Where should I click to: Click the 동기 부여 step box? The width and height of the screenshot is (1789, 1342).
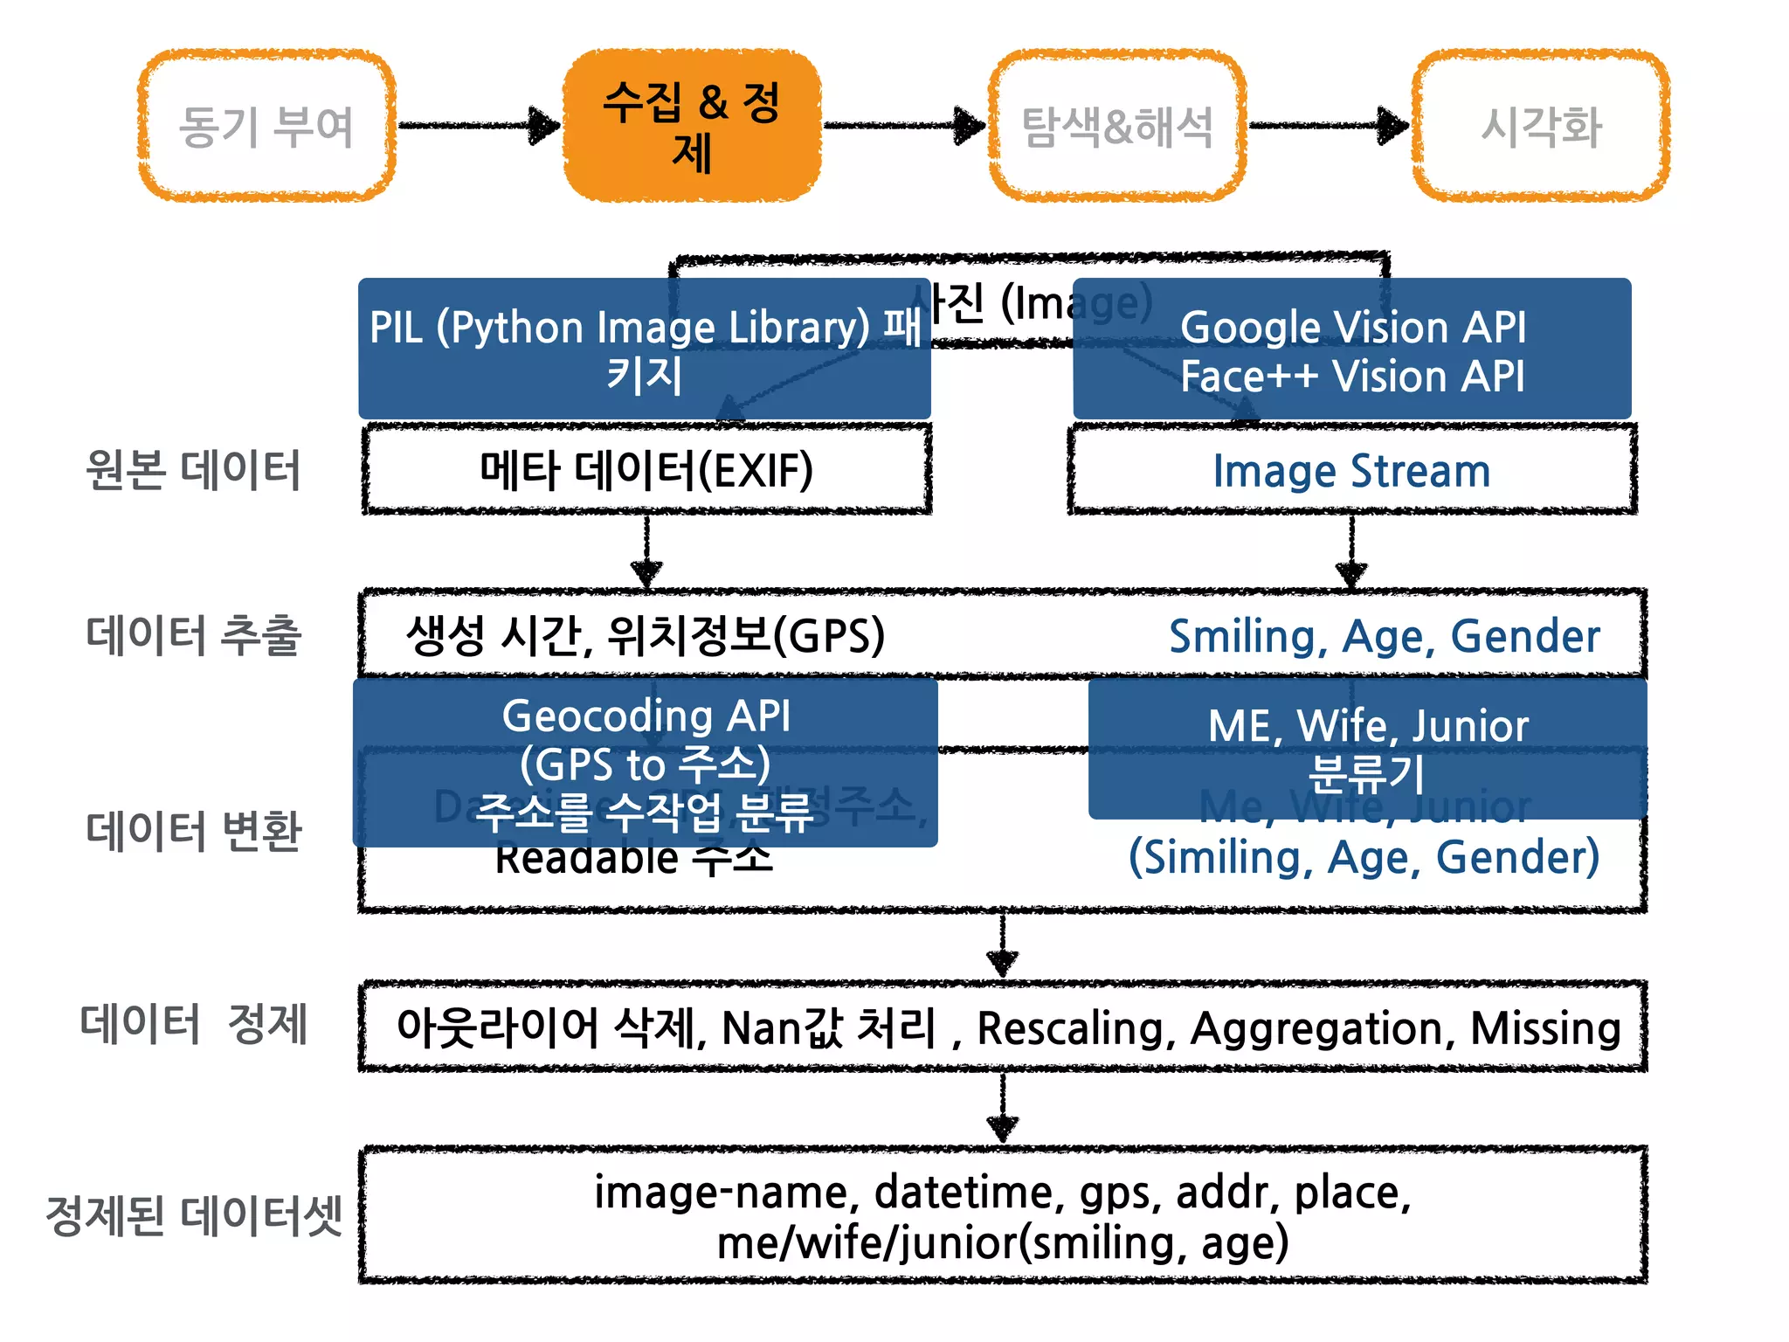266,126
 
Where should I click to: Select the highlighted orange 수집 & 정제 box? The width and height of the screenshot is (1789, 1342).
692,126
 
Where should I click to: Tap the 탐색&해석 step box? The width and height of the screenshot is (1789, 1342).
1117,126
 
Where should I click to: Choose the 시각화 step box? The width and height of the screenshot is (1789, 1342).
1542,126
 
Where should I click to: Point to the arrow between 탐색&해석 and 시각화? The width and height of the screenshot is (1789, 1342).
1328,126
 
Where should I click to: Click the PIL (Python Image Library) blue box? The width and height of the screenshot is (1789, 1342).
645,349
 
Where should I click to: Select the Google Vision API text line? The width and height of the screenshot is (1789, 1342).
1352,327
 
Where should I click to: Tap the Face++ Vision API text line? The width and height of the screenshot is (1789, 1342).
1352,377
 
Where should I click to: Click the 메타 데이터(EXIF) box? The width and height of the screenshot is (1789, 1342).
646,470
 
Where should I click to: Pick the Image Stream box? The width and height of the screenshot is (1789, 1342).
1351,471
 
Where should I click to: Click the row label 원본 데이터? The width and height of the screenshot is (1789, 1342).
193,470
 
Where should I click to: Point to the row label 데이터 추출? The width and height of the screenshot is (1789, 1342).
193,634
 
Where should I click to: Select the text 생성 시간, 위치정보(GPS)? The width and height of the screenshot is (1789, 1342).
646,635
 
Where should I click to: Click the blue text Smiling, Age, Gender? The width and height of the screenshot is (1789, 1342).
1385,636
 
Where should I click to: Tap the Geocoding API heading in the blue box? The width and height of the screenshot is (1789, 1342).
646,716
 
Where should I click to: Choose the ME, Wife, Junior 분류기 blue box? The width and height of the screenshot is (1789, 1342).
1368,749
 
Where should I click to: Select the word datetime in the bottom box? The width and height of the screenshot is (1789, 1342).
969,1192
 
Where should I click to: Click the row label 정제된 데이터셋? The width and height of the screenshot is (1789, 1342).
193,1215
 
